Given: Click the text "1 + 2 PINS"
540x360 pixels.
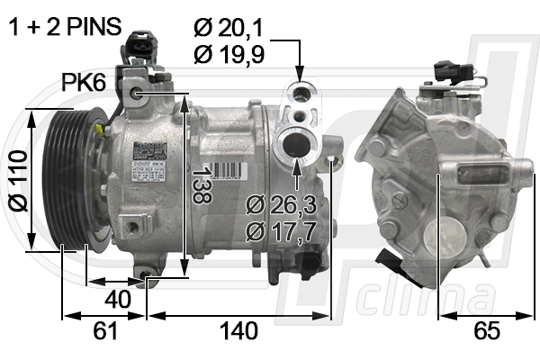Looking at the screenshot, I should pyautogui.click(x=64, y=27).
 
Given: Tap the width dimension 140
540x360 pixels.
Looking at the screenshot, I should pyautogui.click(x=238, y=331).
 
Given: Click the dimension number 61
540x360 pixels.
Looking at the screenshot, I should pyautogui.click(x=105, y=331).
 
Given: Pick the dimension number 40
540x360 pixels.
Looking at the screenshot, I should pyautogui.click(x=117, y=297).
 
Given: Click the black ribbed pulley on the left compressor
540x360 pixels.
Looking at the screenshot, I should pyautogui.click(x=65, y=175).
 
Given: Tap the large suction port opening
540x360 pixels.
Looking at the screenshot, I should pyautogui.click(x=296, y=144).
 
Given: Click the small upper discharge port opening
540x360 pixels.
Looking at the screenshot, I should pyautogui.click(x=299, y=90).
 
